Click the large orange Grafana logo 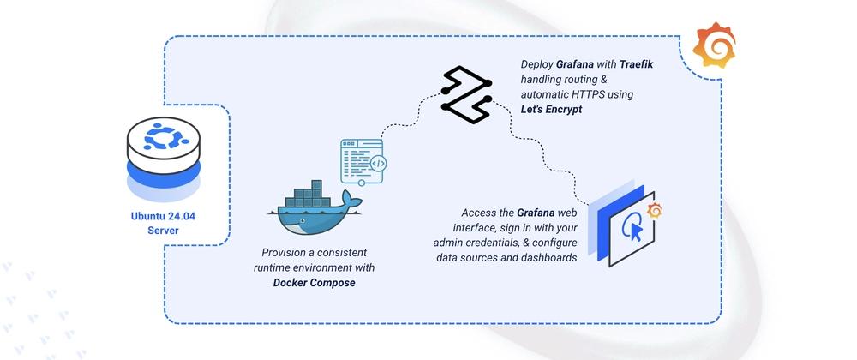715,45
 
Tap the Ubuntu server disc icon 164,157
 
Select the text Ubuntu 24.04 163,216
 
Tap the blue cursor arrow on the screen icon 633,231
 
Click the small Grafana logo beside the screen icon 654,210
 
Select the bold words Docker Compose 315,283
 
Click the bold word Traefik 637,65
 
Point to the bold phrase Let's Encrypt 551,109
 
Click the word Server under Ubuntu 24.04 163,231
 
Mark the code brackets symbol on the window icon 378,164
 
